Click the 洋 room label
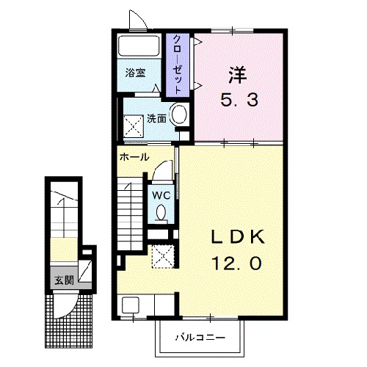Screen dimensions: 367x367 tap(236, 74)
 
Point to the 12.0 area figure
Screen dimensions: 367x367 tap(234, 261)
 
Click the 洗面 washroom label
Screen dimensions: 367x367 tap(156, 117)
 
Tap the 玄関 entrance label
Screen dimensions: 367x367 tap(63, 279)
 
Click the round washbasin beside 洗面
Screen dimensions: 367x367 tap(178, 115)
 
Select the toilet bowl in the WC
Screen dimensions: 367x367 tap(161, 213)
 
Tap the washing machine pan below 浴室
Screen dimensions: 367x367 tap(134, 124)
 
